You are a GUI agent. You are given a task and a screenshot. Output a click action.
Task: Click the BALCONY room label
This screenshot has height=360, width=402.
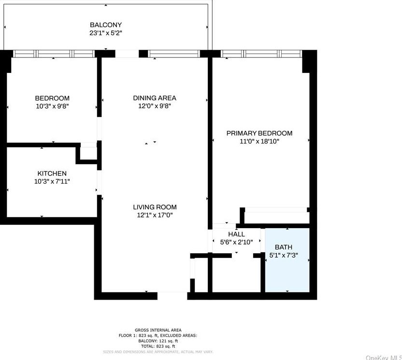coord(106,25)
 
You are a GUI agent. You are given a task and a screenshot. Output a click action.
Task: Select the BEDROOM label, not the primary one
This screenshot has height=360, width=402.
coord(52,98)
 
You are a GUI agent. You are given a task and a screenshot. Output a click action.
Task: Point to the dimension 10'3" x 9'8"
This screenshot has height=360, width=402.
coord(52,106)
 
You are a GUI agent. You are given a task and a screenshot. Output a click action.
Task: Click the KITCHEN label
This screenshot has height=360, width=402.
coord(52,173)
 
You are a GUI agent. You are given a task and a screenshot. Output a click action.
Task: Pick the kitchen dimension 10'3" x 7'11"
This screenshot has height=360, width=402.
coord(52,182)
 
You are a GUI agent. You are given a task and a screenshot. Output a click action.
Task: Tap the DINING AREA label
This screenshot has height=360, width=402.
coord(155,98)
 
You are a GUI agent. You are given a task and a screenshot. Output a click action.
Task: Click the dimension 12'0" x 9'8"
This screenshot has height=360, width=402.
coord(155,106)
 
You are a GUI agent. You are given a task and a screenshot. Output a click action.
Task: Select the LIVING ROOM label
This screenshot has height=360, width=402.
coord(155,207)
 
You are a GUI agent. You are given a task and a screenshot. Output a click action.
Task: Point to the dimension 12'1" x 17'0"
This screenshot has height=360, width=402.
coord(155,216)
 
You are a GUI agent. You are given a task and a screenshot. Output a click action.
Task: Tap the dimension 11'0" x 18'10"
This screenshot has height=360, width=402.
coord(260,142)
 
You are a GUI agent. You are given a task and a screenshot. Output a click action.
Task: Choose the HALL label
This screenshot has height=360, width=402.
coord(236,234)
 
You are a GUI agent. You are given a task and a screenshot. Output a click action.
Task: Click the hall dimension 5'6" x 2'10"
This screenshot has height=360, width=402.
coord(236,243)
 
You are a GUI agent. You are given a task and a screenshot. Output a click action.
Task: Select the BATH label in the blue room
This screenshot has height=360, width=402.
coord(284,247)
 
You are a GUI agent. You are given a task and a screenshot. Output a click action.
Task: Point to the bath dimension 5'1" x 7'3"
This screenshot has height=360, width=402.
coord(284,256)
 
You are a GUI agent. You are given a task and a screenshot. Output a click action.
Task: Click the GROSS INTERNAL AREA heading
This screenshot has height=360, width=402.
coord(158,330)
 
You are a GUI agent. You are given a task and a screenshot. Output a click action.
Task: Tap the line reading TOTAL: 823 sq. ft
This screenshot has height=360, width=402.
coord(158,346)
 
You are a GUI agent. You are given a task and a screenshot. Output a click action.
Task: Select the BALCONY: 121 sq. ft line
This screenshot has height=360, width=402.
coord(158,341)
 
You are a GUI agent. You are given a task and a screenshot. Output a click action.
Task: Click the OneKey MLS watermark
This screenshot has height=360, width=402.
coord(384,357)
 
